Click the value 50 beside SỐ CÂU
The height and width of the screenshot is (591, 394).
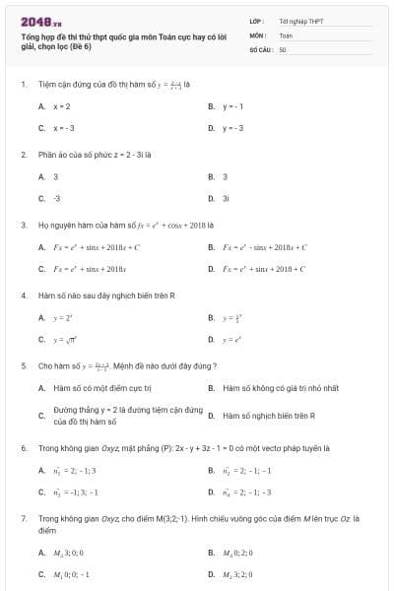point(283,48)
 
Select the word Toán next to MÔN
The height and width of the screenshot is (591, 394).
point(286,34)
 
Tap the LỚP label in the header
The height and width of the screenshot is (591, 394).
point(257,21)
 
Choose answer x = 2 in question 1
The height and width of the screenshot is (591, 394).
point(61,105)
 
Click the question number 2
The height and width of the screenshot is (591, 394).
point(23,155)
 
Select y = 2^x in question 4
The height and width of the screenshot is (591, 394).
point(61,317)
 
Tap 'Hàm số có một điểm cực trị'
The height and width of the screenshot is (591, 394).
point(95,388)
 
